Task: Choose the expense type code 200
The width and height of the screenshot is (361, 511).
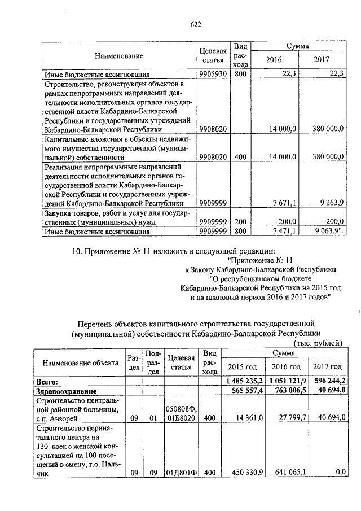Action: point(241,222)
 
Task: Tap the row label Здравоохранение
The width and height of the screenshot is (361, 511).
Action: point(63,391)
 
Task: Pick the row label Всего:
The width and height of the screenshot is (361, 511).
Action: point(47,382)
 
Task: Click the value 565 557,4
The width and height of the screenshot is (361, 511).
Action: point(249,391)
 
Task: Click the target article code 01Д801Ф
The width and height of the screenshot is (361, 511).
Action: point(181,473)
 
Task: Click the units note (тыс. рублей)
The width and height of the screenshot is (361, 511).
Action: point(318,342)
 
